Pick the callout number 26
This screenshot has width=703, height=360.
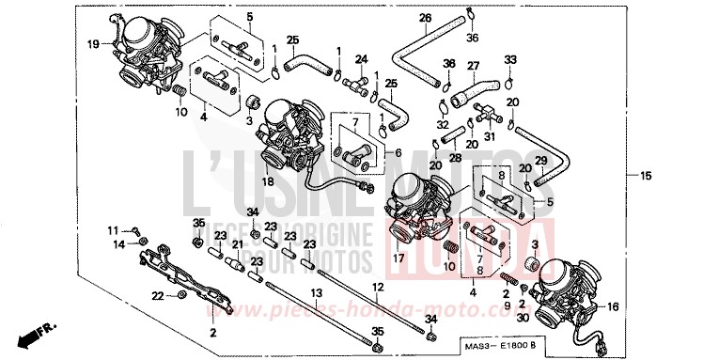point(425,18)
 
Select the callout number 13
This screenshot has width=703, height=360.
point(317,293)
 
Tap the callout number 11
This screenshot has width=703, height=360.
point(112,230)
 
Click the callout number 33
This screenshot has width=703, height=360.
point(509,59)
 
